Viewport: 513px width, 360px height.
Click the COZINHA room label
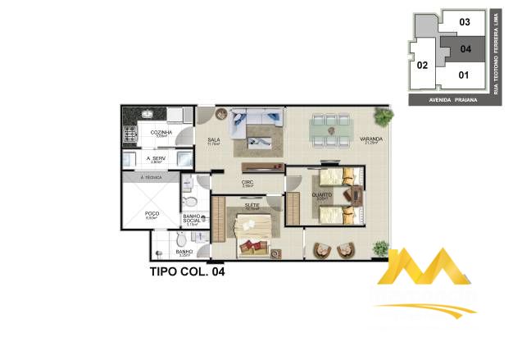pos(161,132)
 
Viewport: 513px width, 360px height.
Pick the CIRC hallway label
pos(246,183)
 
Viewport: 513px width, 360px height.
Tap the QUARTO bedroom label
pos(322,194)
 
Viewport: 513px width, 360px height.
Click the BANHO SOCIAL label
pos(193,219)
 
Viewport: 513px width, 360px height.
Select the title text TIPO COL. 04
pos(186,270)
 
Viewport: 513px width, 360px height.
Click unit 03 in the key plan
pos(465,22)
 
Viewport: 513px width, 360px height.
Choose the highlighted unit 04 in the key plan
pos(465,48)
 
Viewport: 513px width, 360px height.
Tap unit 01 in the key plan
pos(464,75)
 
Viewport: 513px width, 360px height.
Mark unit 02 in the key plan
pos(423,65)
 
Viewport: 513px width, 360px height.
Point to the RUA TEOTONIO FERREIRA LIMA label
pos(497,52)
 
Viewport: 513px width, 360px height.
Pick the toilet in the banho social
pos(189,199)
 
